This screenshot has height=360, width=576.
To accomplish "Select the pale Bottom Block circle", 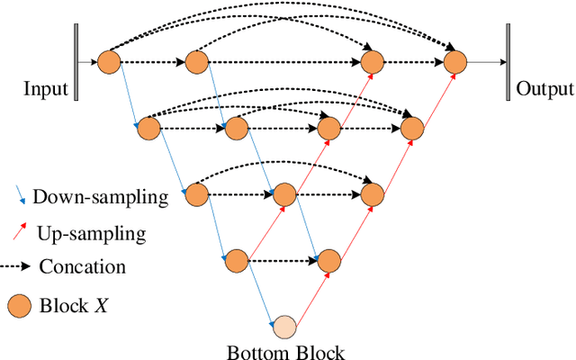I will coord(284,327).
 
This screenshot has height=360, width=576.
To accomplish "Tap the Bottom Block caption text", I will coord(287,352).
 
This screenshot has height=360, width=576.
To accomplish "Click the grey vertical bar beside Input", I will coord(77,62).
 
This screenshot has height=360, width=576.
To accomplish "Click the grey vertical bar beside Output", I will coord(508,62).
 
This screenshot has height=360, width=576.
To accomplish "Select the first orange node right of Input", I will coord(109,62).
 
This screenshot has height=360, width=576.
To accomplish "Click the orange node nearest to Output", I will coord(456,62).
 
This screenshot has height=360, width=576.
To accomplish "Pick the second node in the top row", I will coord(196,62).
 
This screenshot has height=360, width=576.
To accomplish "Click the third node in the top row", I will coord(373,62).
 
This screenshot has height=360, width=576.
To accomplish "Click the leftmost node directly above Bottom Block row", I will coord(237,261).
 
